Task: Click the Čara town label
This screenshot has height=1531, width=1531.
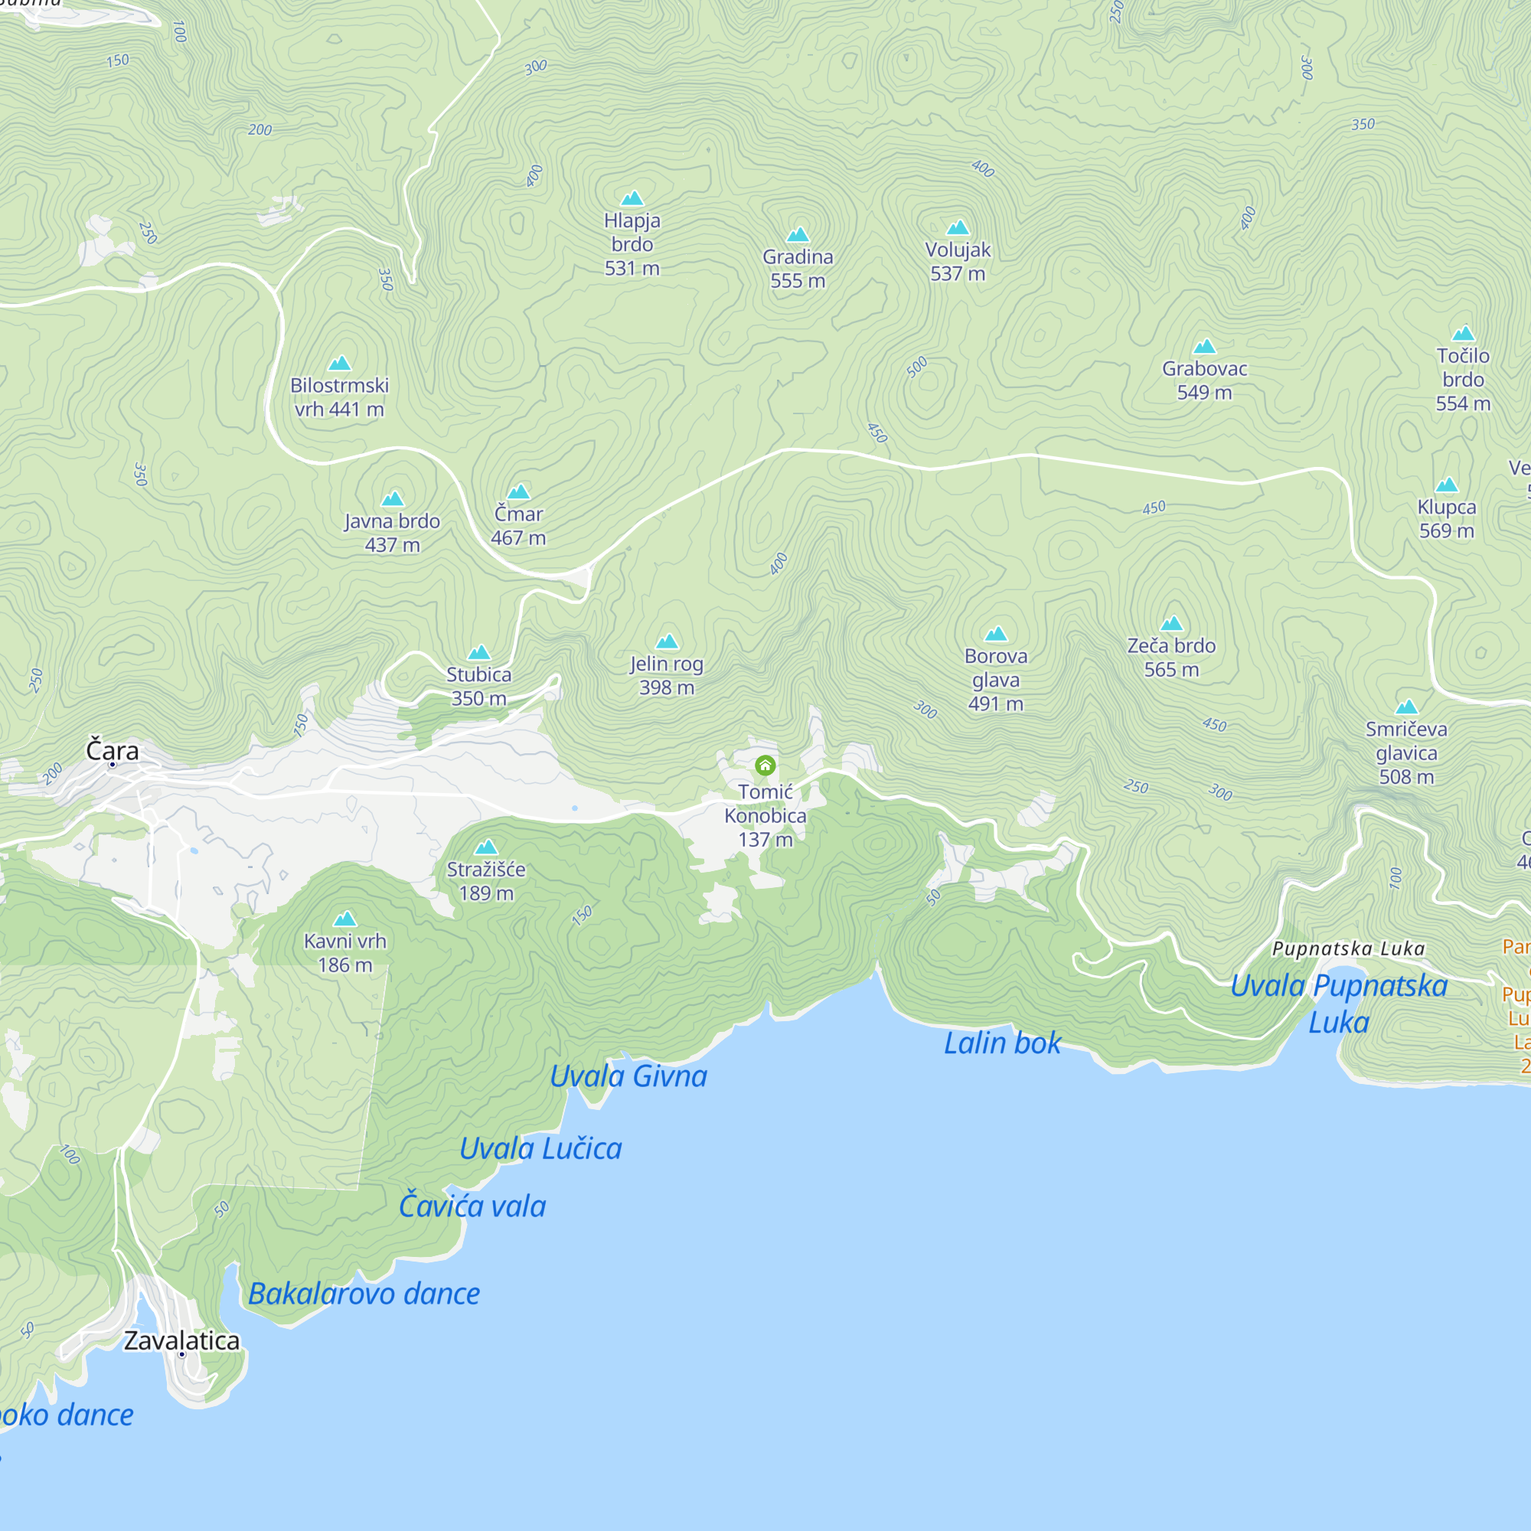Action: click(112, 749)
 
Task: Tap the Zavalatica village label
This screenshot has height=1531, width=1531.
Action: click(181, 1341)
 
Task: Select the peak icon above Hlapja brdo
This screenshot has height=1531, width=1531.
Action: click(632, 198)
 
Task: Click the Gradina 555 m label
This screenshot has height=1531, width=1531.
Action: click(797, 269)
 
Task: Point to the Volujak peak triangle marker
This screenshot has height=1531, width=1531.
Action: click(958, 228)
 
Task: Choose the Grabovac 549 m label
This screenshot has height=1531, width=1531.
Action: click(1203, 380)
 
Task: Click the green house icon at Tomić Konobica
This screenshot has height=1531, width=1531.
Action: click(765, 765)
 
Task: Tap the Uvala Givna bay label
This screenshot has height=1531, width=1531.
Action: click(628, 1076)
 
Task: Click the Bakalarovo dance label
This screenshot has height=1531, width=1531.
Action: click(364, 1293)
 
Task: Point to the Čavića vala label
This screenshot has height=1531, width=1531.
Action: click(472, 1206)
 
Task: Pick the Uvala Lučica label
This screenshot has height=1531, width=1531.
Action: click(540, 1148)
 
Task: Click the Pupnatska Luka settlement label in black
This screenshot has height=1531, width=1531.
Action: click(1348, 948)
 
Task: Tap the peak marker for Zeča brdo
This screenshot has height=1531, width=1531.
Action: click(1171, 624)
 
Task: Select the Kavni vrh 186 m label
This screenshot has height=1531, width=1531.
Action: click(344, 952)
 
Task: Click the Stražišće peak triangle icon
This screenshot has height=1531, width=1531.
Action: click(486, 847)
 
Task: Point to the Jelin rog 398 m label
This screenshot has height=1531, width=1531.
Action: click(667, 675)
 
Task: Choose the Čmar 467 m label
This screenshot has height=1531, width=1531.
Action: click(518, 525)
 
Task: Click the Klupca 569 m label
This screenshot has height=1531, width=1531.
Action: click(1446, 518)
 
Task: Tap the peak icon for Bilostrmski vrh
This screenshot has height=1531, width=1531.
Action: click(339, 363)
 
